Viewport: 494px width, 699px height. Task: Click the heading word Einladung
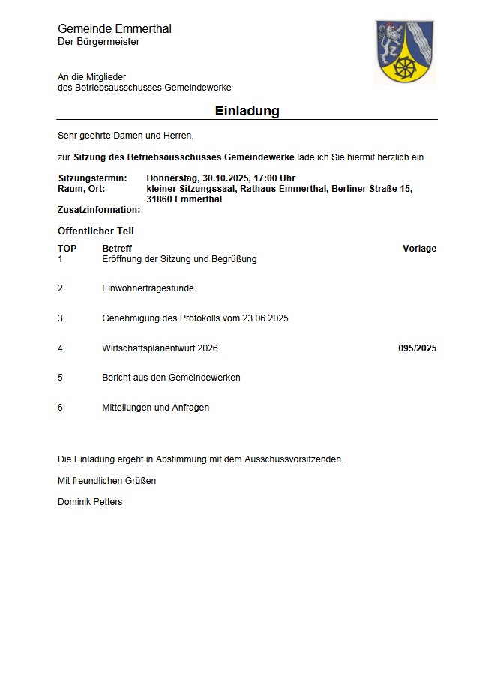(x=247, y=111)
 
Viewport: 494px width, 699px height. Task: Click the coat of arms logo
(x=404, y=52)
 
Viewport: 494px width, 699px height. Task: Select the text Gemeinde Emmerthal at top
(x=115, y=28)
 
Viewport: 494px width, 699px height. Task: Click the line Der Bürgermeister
(x=98, y=42)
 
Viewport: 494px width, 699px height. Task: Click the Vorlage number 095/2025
(x=417, y=348)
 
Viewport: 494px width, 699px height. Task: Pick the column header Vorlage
(x=419, y=249)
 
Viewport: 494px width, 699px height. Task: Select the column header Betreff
(x=117, y=249)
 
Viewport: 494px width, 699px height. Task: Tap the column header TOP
(x=67, y=249)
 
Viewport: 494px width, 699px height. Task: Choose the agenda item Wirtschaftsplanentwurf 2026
(x=160, y=348)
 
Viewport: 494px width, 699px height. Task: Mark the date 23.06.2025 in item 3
(x=265, y=318)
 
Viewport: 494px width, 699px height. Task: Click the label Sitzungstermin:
(x=92, y=178)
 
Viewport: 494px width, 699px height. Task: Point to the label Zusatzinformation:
(x=99, y=210)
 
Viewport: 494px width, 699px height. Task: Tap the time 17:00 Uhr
(x=274, y=178)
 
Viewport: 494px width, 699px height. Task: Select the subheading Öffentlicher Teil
(x=95, y=231)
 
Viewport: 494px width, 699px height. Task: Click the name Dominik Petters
(x=90, y=502)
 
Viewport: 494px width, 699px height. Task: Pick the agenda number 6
(x=60, y=408)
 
